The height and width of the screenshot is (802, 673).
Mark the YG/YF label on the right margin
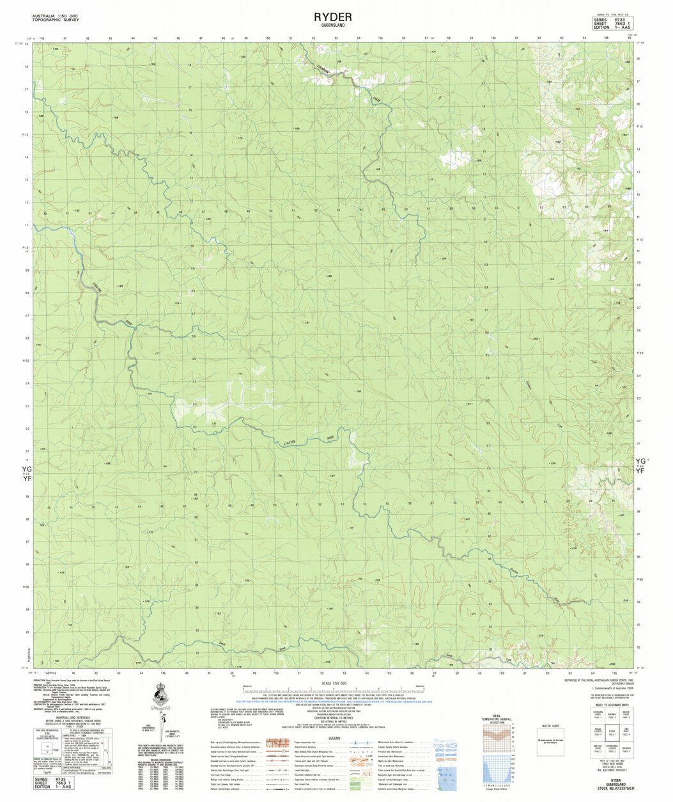(641, 464)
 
